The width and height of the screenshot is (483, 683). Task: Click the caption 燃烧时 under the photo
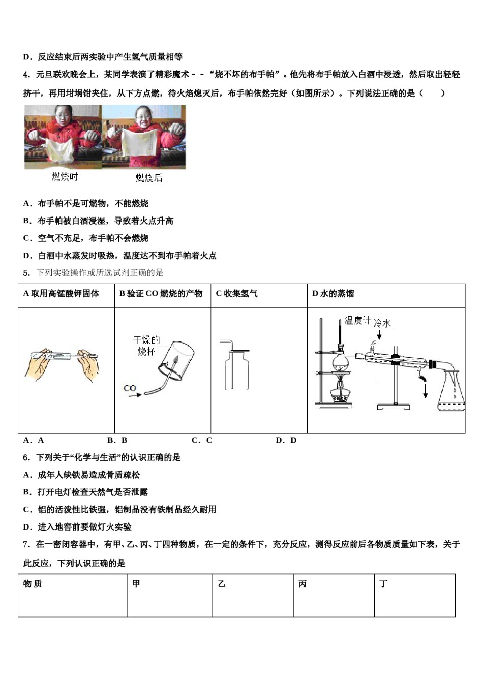[x=65, y=177]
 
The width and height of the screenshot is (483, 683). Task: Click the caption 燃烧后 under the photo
[x=148, y=178]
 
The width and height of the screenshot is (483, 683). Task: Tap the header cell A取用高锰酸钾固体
[x=62, y=294]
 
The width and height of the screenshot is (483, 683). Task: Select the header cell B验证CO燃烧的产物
[x=161, y=294]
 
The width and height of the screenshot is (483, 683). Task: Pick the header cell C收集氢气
[x=237, y=294]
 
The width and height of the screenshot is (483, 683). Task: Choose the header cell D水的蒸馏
[x=333, y=294]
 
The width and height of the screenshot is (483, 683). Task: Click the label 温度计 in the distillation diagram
[x=357, y=320]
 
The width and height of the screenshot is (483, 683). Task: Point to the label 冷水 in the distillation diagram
[x=382, y=323]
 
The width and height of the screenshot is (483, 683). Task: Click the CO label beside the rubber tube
[x=130, y=388]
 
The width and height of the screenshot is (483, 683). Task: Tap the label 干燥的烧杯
[x=146, y=345]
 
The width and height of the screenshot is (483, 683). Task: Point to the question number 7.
[x=26, y=544]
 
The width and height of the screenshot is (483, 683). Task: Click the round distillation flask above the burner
[x=340, y=361]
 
